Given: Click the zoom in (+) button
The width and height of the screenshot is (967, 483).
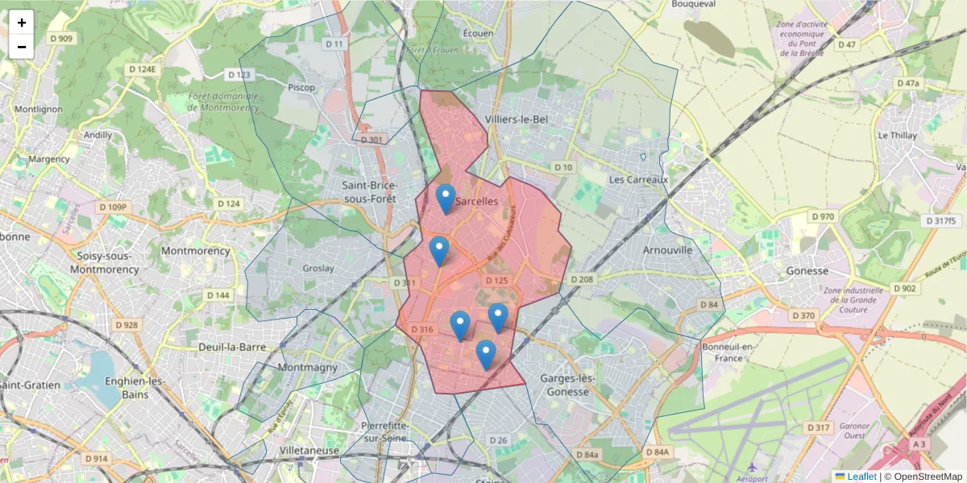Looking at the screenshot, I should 22,23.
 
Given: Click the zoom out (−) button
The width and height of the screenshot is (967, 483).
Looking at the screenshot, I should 22,47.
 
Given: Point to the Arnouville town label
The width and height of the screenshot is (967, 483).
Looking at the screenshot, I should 667,250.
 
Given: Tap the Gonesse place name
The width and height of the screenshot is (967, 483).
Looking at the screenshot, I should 807,271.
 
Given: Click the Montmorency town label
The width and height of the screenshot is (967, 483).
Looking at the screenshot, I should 195,250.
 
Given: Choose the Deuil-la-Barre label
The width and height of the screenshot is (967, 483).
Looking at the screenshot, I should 232,347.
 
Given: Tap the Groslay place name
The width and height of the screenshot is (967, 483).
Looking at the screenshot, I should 317,268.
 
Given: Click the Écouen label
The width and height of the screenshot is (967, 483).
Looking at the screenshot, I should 477,33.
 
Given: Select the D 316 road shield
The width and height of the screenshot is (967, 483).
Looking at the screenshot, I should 422,329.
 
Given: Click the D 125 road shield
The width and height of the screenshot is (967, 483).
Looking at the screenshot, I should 496,280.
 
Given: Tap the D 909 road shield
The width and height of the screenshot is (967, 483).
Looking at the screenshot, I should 60,38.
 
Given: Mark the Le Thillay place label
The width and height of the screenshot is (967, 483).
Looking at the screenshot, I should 898,135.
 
